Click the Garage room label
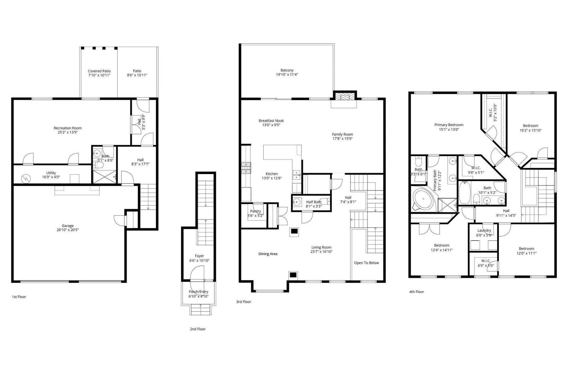point(68,226)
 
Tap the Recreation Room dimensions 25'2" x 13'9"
point(68,133)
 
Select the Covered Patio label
point(99,71)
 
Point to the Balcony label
point(287,70)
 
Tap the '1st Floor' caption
point(19,297)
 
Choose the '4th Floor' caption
point(417,292)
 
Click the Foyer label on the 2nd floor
point(199,256)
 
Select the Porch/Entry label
point(198,292)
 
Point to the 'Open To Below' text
point(366,263)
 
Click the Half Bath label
point(314,202)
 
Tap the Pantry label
point(255,211)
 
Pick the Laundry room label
point(484,231)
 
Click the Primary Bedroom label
point(449,125)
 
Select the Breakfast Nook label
point(271,121)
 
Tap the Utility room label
point(51,173)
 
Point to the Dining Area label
point(268,254)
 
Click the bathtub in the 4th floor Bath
point(464,193)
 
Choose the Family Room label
point(342,134)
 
